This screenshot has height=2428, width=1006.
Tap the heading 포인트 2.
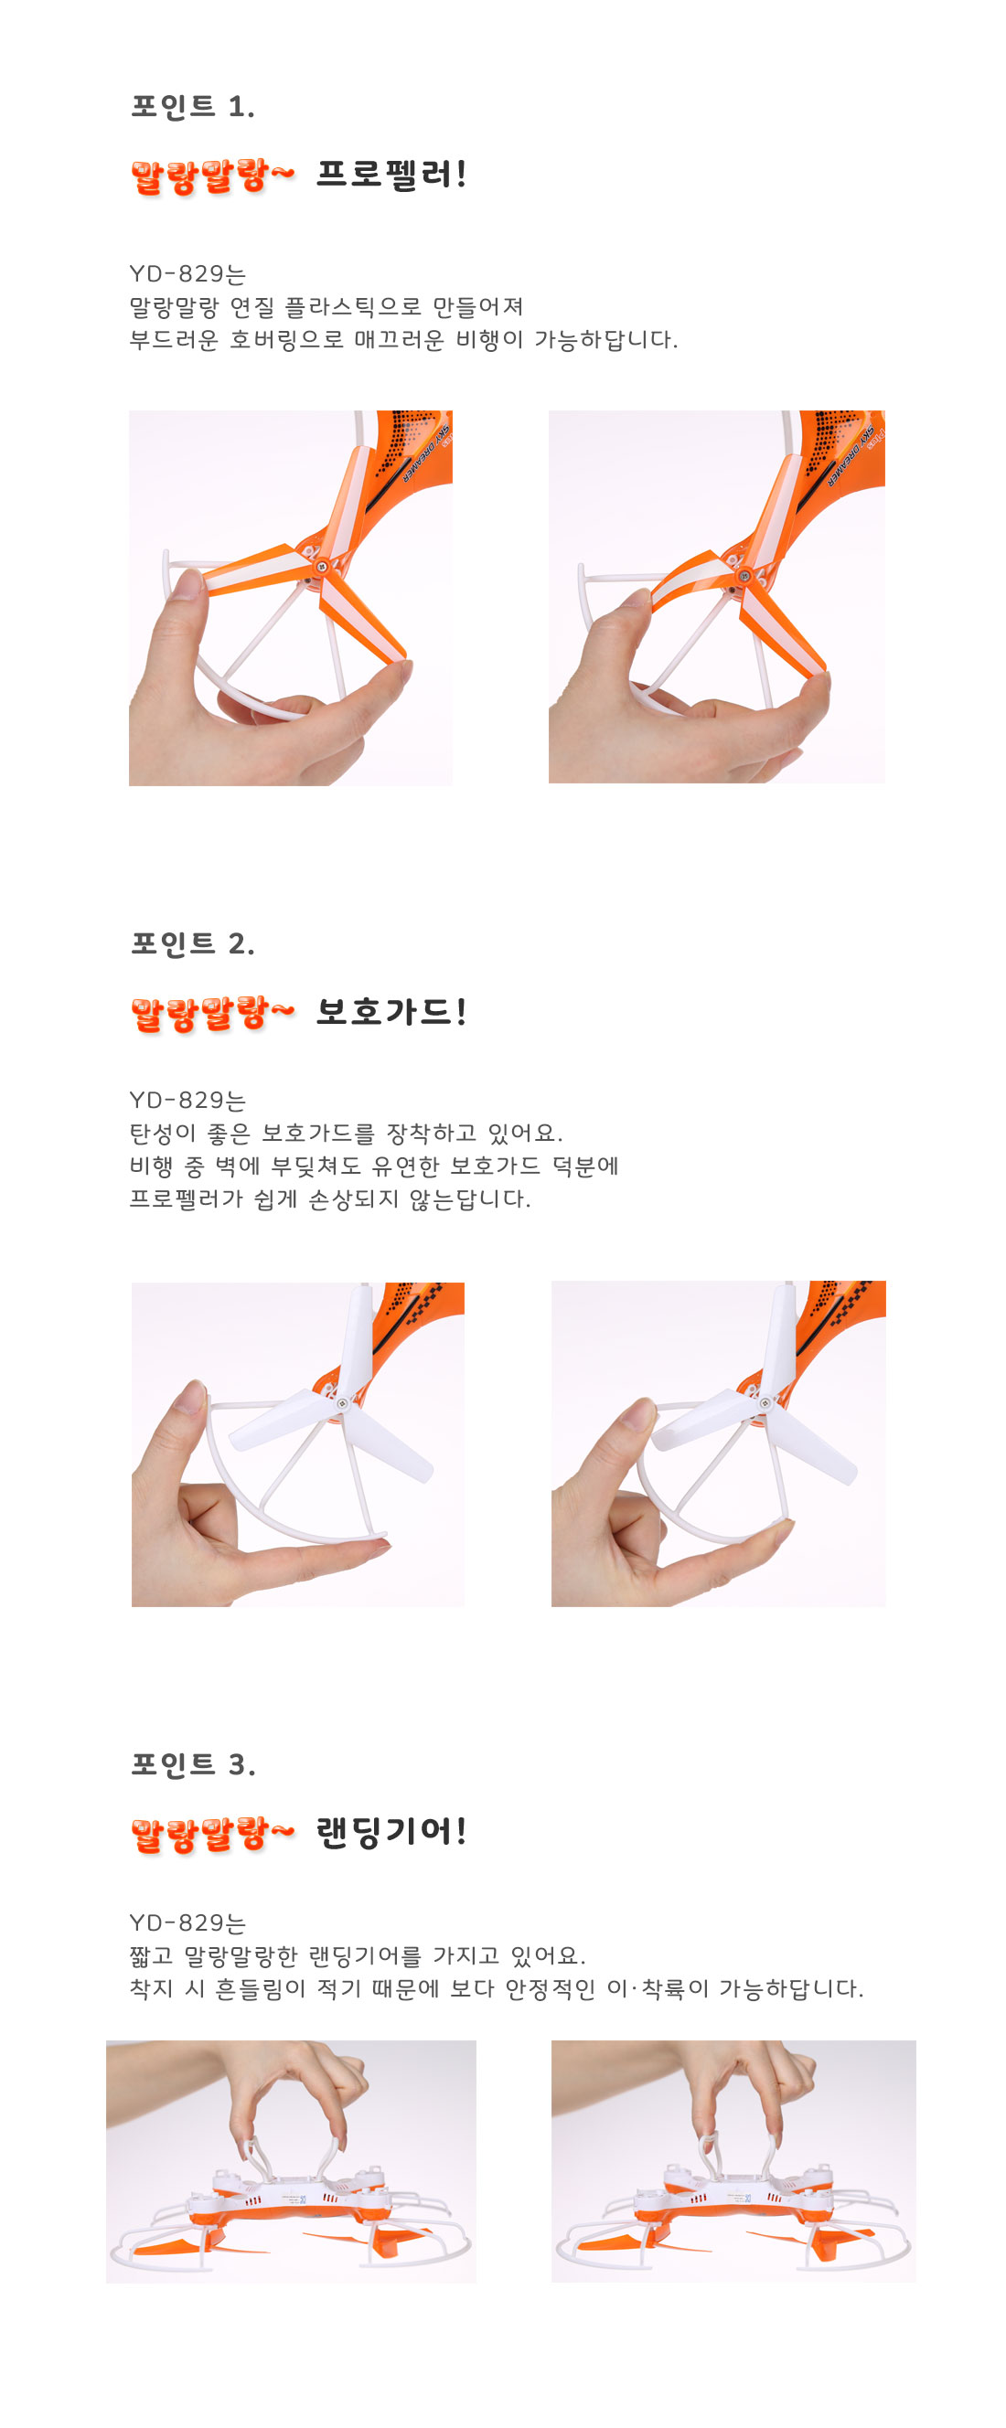pyautogui.click(x=192, y=942)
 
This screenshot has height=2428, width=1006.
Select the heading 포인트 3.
pyautogui.click(x=192, y=1763)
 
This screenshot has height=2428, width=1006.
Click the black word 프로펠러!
pyautogui.click(x=391, y=174)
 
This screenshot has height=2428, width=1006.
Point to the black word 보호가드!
pyautogui.click(x=391, y=1011)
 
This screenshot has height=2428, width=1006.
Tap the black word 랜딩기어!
pyautogui.click(x=391, y=1831)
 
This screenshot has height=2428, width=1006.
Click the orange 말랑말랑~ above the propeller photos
pyautogui.click(x=212, y=176)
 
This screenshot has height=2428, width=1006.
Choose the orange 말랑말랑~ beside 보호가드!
pyautogui.click(x=212, y=1013)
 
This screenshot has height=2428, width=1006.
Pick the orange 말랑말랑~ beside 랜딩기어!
pyautogui.click(x=212, y=1833)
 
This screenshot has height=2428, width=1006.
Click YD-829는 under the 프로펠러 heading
pyautogui.click(x=187, y=273)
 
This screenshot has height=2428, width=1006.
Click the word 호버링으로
pyautogui.click(x=286, y=339)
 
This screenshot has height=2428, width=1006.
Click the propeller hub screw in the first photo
pyautogui.click(x=323, y=568)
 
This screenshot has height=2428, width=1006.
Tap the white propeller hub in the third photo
pyautogui.click(x=342, y=1403)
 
